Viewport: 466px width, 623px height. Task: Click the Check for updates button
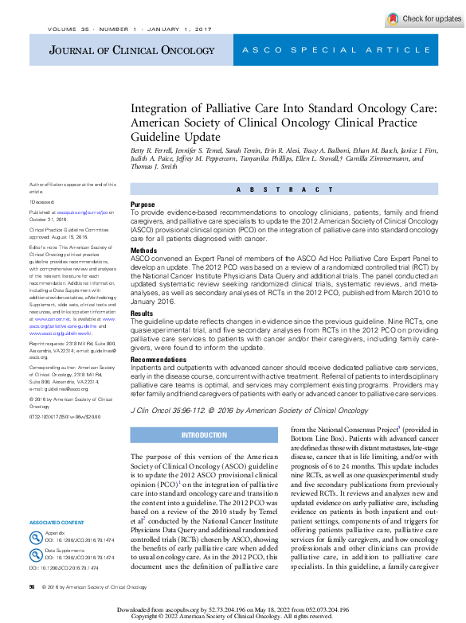point(424,18)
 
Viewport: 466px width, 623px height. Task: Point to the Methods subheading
point(143,250)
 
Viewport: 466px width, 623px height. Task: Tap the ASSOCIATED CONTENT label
point(56,522)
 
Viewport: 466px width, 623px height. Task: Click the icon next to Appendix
point(36,536)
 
